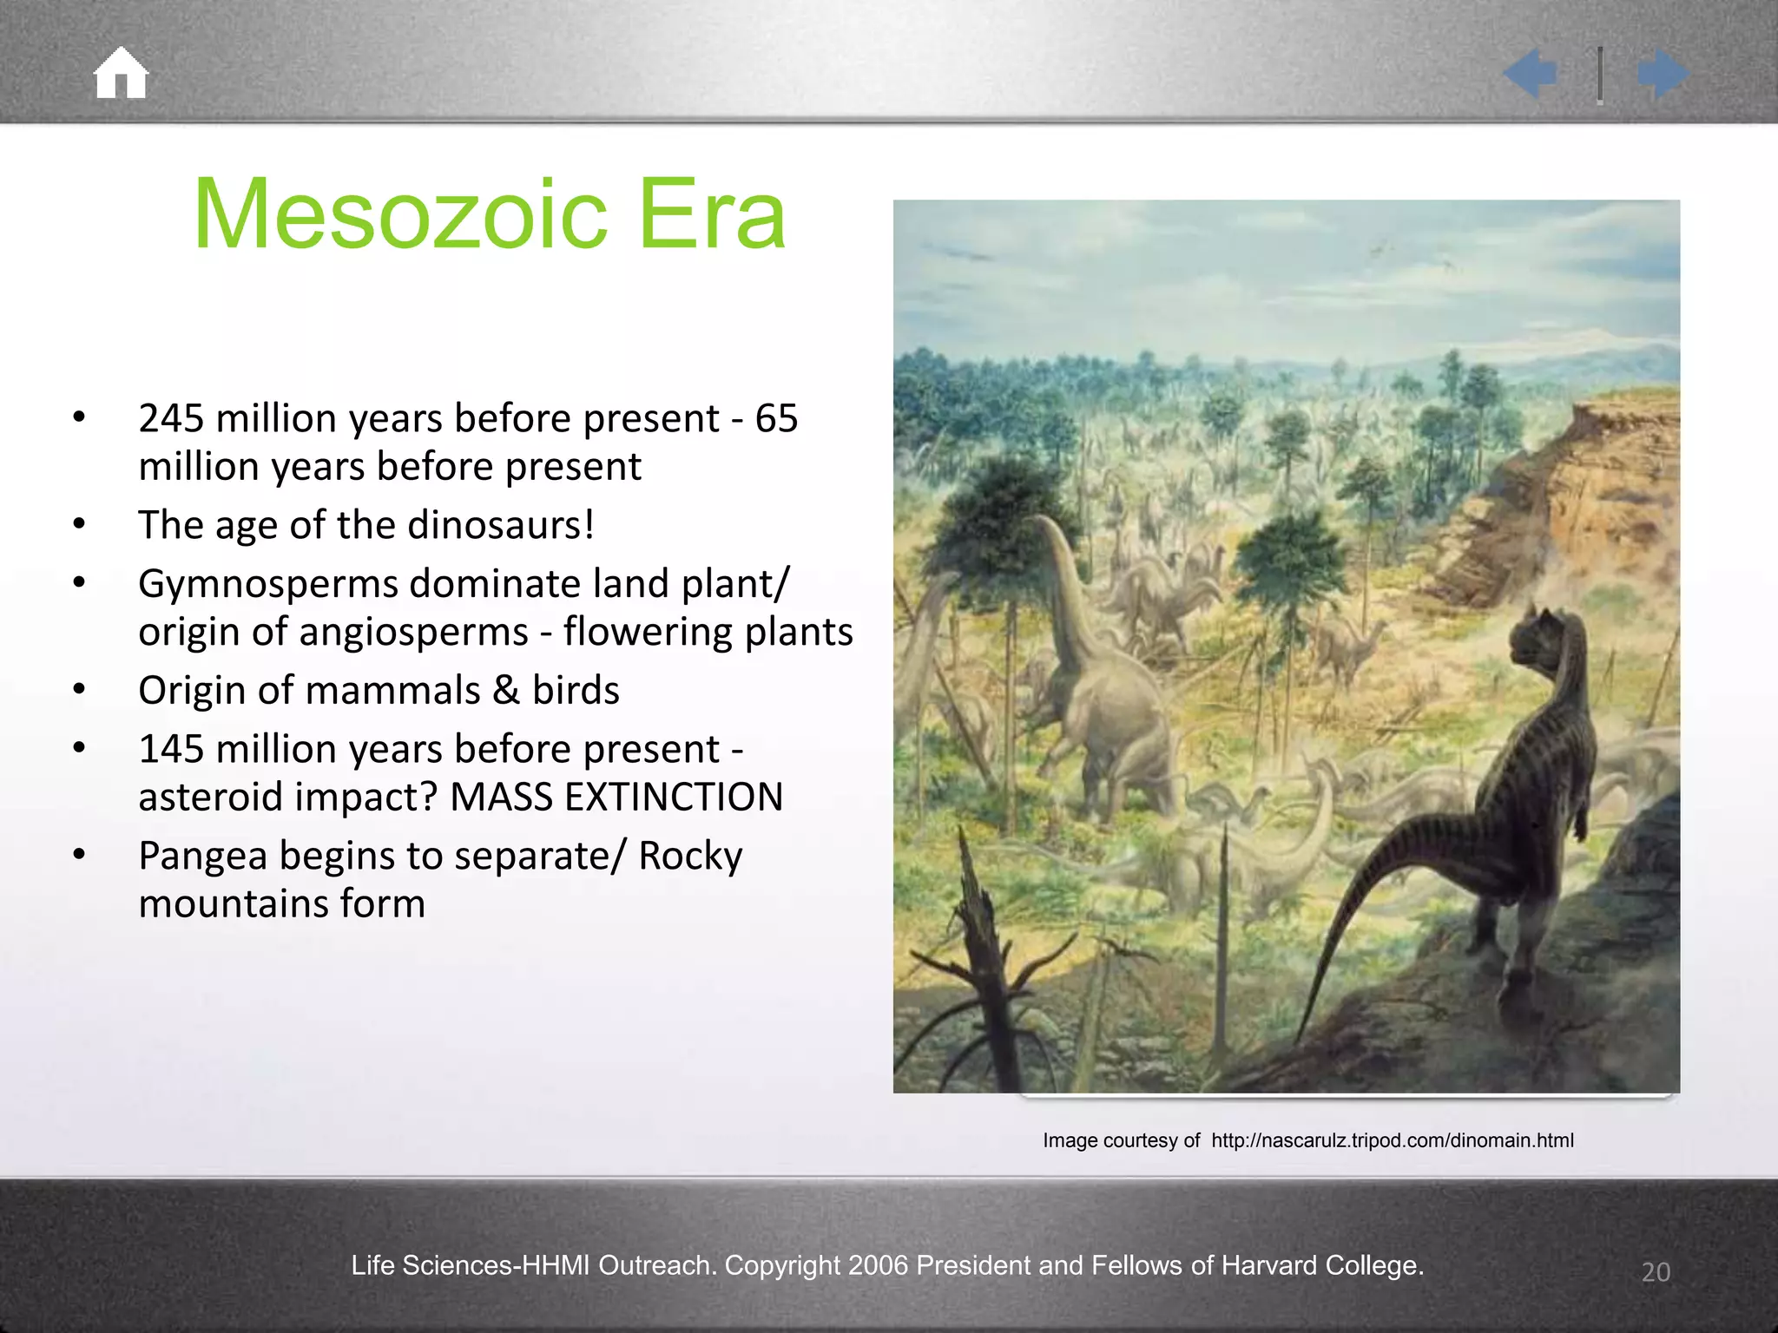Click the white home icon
click(121, 73)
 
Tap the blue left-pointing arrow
click(1531, 73)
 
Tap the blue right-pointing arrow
click(1663, 73)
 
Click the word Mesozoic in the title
click(400, 214)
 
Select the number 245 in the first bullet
click(171, 418)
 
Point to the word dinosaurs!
click(501, 525)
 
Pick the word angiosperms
click(413, 632)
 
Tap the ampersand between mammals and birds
click(506, 691)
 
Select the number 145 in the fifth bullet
click(171, 749)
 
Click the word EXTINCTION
click(674, 797)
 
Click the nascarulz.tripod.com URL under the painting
click(1392, 1140)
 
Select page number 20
click(1656, 1272)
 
